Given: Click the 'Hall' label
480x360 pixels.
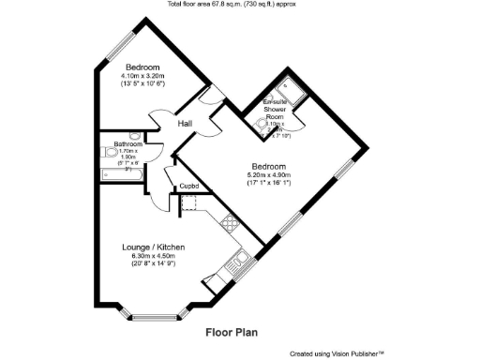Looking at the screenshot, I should point(185,122).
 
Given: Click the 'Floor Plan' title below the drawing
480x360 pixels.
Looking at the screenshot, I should point(232,331).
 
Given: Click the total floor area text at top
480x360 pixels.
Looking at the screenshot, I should point(239,5).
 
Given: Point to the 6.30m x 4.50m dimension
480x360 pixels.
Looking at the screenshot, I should point(155,255).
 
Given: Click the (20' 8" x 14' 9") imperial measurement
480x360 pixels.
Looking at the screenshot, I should point(155,263).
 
